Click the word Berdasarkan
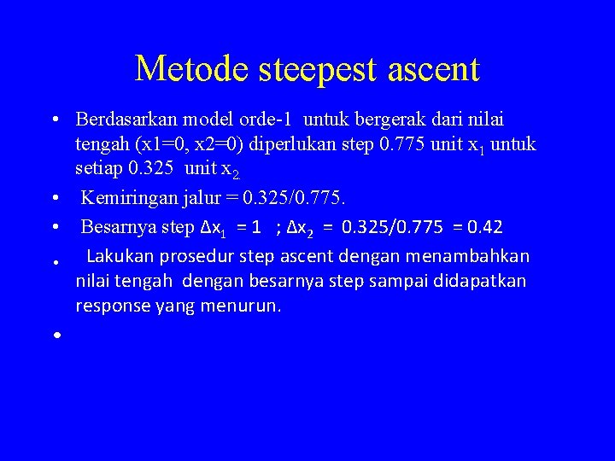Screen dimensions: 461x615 pos(126,120)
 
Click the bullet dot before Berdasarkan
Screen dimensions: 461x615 pos(54,121)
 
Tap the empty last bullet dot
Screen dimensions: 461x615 pos(54,336)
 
